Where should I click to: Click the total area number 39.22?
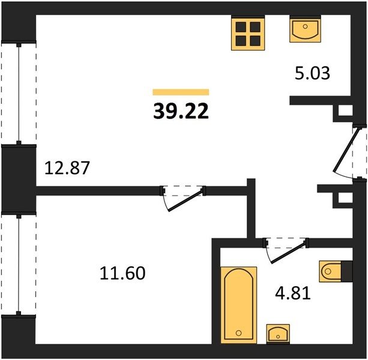(x=181, y=111)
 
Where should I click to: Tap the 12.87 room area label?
(x=67, y=168)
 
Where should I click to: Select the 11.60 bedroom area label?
(x=122, y=273)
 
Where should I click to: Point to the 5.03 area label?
(x=312, y=73)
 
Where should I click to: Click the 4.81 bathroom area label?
(x=293, y=293)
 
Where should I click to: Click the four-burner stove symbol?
(x=248, y=33)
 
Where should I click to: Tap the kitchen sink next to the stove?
(x=305, y=29)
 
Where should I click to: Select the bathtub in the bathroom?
(x=239, y=305)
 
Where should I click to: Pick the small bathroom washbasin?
(x=278, y=334)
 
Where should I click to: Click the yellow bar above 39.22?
(x=181, y=92)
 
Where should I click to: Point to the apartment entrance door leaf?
(x=346, y=149)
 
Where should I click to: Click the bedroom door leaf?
(x=186, y=200)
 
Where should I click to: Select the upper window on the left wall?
(x=19, y=93)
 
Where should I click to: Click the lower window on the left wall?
(x=19, y=265)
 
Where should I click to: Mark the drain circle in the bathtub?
(x=239, y=333)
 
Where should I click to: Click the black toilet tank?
(x=347, y=271)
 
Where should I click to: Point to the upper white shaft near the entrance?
(x=345, y=110)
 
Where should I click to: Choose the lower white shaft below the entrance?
(x=345, y=198)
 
